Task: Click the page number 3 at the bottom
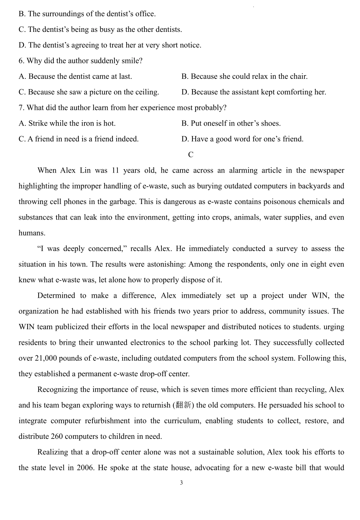181,483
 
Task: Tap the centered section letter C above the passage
191,155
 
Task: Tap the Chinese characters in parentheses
183,405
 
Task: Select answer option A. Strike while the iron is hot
67,123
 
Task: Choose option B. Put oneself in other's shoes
231,123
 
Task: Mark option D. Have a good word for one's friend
242,139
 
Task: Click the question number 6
21,61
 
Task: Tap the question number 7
21,108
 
